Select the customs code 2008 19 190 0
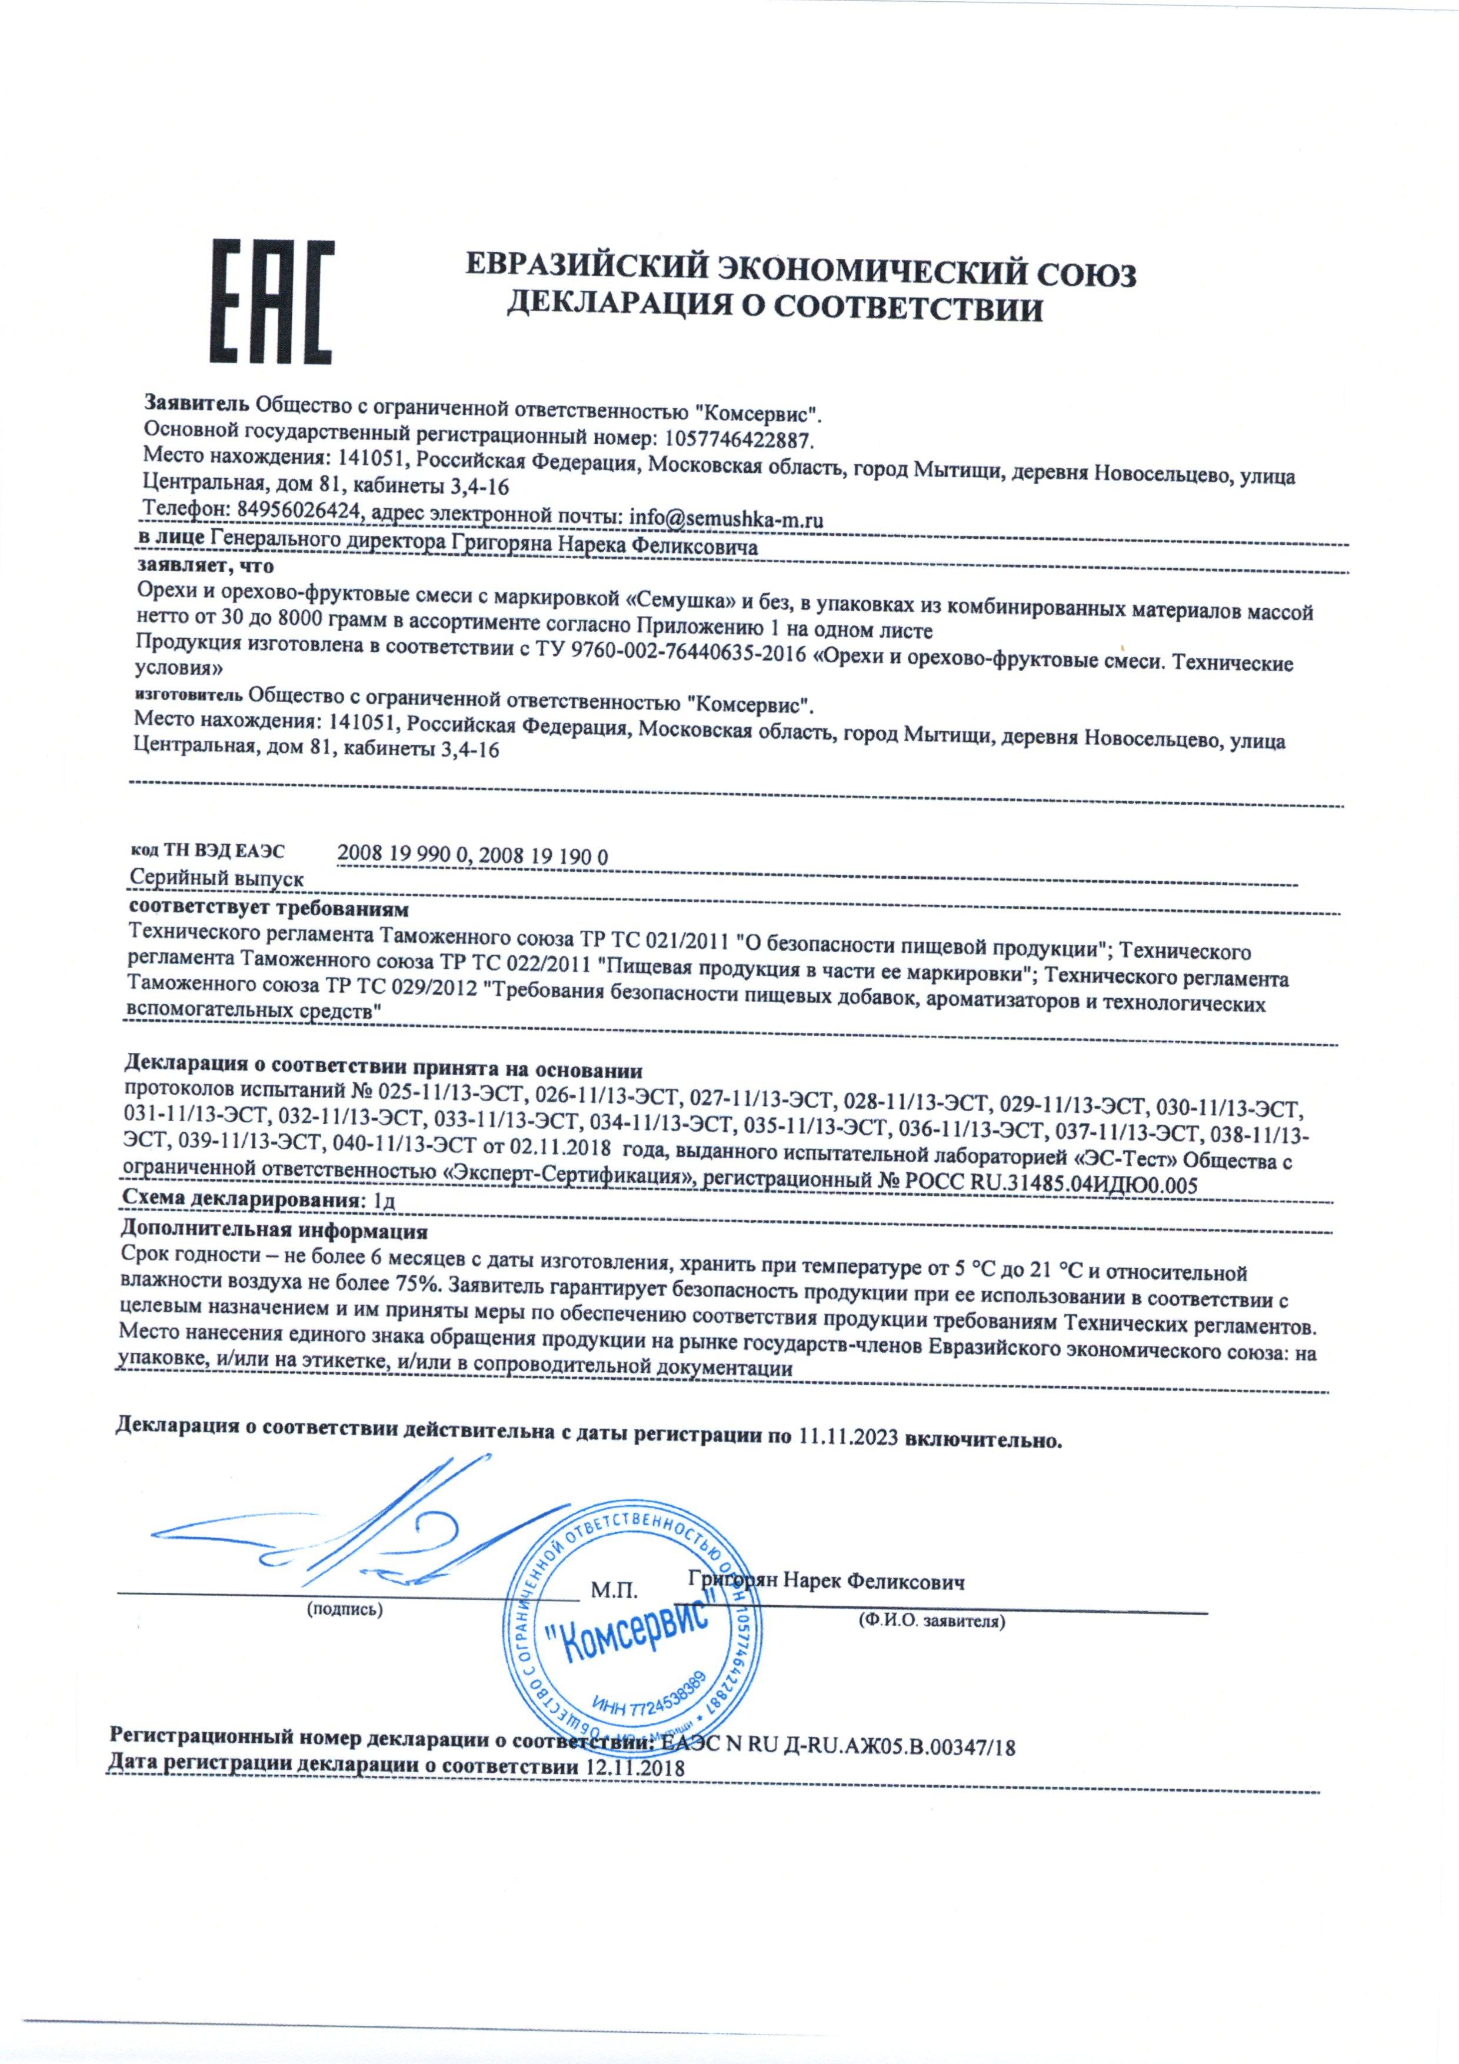tap(544, 856)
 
